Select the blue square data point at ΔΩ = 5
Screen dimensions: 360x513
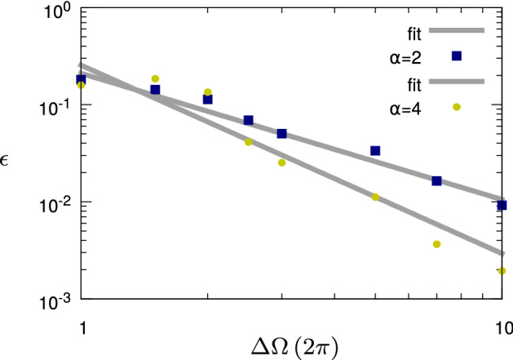click(x=375, y=151)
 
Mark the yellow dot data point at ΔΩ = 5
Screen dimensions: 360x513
click(x=375, y=197)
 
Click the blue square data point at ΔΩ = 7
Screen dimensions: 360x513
click(x=436, y=180)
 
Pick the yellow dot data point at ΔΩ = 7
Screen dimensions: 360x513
click(x=436, y=244)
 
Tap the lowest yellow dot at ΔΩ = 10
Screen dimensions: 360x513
click(x=502, y=271)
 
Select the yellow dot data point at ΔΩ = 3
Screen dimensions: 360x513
click(x=281, y=162)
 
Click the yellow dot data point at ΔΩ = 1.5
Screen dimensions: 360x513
click(x=155, y=79)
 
